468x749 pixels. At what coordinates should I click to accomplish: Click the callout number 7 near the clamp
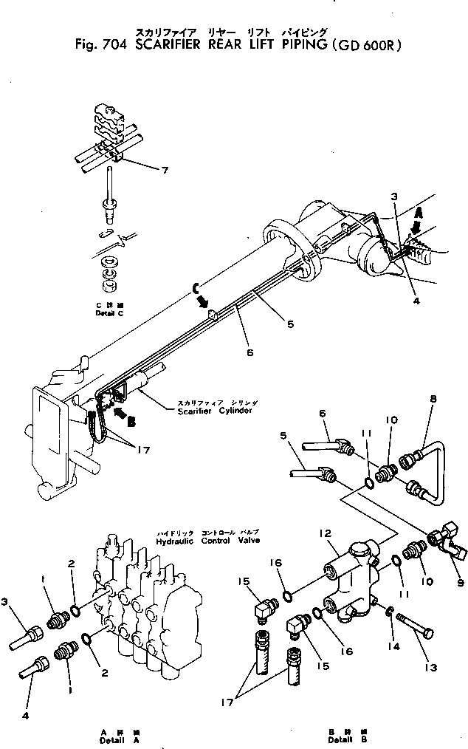coord(165,171)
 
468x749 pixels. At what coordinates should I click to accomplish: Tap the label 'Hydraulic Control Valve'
coord(208,540)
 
